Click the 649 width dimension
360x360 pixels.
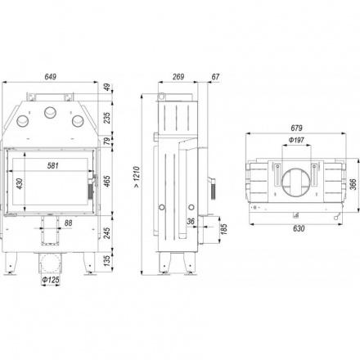coord(51,77)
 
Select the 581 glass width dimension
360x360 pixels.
coord(53,165)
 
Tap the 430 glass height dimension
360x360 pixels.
coord(20,184)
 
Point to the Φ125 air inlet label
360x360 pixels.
coord(51,280)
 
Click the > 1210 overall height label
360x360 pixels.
coord(137,177)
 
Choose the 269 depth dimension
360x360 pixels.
coord(178,77)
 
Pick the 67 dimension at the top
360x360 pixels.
coord(215,77)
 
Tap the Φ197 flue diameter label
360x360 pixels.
coord(296,140)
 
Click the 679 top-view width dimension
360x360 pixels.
coord(296,128)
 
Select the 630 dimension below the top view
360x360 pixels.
coord(299,228)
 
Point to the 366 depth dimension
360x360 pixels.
coord(353,184)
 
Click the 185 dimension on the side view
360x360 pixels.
coord(223,229)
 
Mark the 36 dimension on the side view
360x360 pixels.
coord(191,221)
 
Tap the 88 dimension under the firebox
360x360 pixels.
coord(68,223)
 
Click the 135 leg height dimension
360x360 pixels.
coord(107,261)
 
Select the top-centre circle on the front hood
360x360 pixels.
coord(51,112)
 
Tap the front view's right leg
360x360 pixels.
coord(90,263)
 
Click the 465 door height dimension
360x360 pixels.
coord(107,182)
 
